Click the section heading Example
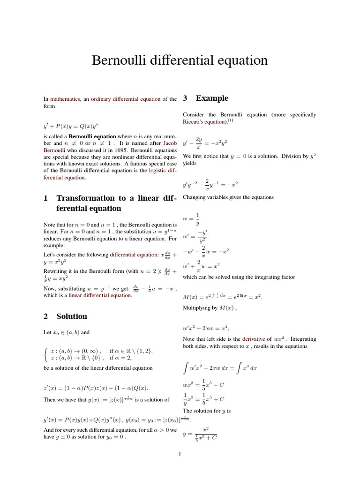pos(212,98)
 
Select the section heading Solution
pos(72,316)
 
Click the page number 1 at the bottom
pos(180,454)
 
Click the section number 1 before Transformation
pos(45,199)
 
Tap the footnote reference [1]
pos(231,120)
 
